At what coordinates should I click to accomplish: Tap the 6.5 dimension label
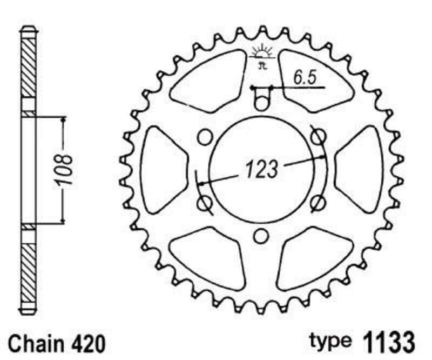pyautogui.click(x=305, y=78)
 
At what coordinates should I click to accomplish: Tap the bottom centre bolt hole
pyautogui.click(x=261, y=236)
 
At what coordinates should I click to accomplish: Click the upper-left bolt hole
pyautogui.click(x=205, y=138)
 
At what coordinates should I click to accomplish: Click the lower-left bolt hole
pyautogui.click(x=205, y=203)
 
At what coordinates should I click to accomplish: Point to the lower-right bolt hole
pyautogui.click(x=318, y=203)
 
